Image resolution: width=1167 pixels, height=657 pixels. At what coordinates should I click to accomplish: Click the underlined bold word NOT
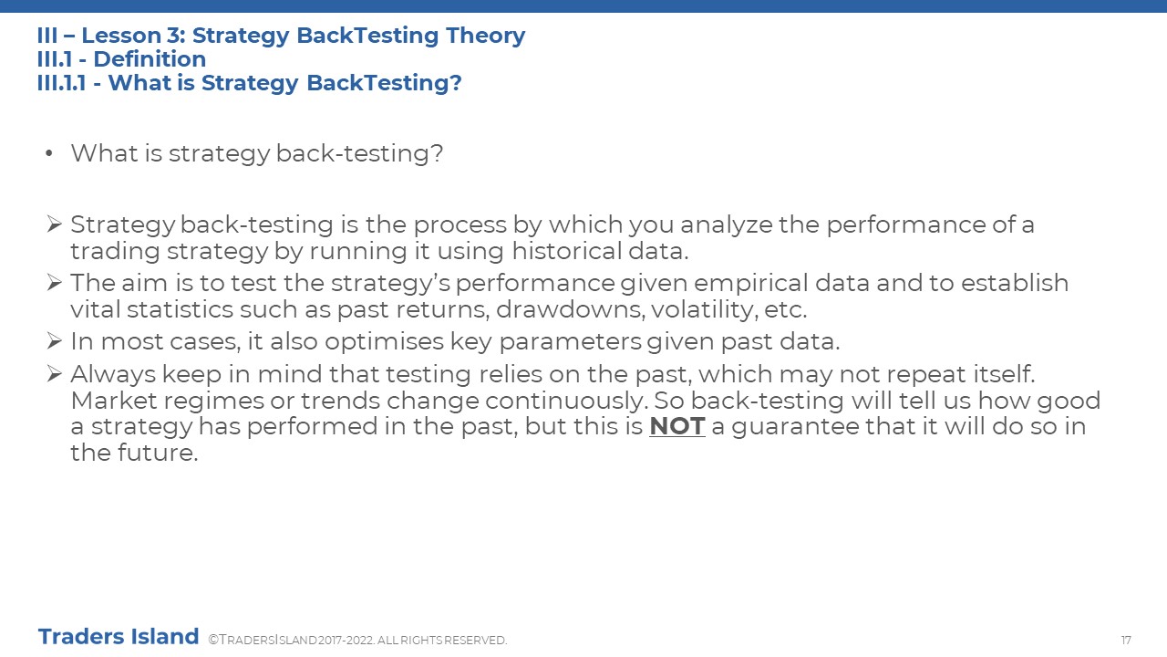(x=676, y=426)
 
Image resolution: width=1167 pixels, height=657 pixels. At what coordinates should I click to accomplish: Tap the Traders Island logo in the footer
(x=119, y=637)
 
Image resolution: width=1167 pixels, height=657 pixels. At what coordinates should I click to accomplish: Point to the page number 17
(x=1126, y=640)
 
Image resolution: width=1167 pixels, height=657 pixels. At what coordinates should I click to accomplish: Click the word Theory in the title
(x=485, y=36)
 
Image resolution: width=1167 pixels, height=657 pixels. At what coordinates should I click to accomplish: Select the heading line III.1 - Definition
(x=121, y=59)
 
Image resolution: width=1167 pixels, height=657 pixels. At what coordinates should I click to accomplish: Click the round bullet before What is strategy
(x=49, y=153)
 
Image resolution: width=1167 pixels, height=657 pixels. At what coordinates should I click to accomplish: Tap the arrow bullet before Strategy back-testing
(x=54, y=224)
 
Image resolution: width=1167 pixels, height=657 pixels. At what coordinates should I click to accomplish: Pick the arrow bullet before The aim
(x=54, y=282)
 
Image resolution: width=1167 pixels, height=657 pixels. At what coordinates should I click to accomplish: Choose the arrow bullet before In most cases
(x=54, y=340)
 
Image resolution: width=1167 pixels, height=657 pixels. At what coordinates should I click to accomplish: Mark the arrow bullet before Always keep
(x=54, y=373)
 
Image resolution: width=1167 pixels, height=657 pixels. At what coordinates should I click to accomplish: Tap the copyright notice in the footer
(x=357, y=640)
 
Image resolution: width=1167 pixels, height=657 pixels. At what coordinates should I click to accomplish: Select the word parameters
(x=570, y=342)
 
